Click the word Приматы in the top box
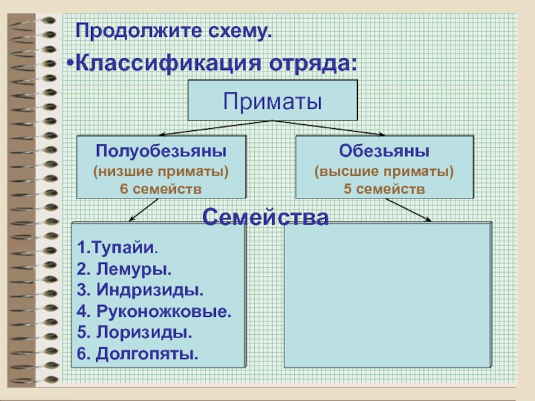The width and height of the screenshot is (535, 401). point(273,102)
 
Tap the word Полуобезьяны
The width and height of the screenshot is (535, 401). point(160,149)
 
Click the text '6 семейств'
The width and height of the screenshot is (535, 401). point(160,188)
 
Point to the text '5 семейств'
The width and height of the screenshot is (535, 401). point(384,188)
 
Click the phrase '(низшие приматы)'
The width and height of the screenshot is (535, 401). point(160,172)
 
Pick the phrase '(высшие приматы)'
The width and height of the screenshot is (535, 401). point(384,172)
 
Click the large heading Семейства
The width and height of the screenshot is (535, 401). point(265,217)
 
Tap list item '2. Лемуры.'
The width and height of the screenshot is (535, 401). point(124,269)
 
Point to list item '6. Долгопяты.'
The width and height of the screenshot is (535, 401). point(138,352)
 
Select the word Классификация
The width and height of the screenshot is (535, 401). point(169,64)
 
